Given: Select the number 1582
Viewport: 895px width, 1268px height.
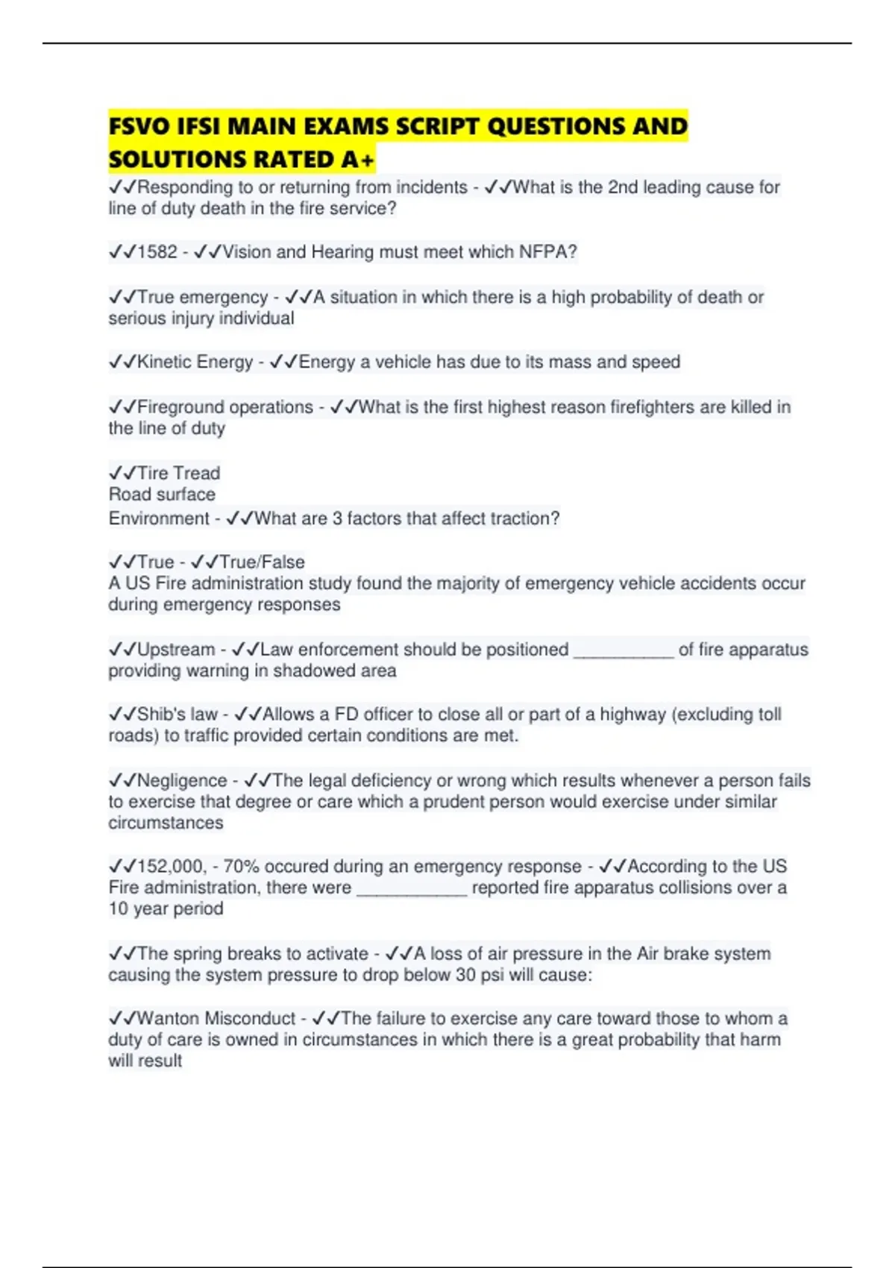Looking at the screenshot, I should (157, 252).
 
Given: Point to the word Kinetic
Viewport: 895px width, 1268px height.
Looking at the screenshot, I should (165, 362).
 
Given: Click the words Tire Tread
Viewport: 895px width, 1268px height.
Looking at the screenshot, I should (178, 473).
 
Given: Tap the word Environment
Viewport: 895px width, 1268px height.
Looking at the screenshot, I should (158, 518).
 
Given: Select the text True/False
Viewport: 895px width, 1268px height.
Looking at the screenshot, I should (262, 562).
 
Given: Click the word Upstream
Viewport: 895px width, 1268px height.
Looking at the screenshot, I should (176, 650).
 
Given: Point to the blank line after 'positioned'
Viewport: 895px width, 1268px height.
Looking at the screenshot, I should (623, 652).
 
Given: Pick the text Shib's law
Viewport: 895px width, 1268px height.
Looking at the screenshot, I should (178, 715).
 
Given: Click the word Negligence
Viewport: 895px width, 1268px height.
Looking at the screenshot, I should (182, 780).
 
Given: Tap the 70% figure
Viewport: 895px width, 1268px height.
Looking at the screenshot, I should (240, 867).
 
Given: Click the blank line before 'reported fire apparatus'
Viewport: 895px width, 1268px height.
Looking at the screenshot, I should (412, 890).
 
